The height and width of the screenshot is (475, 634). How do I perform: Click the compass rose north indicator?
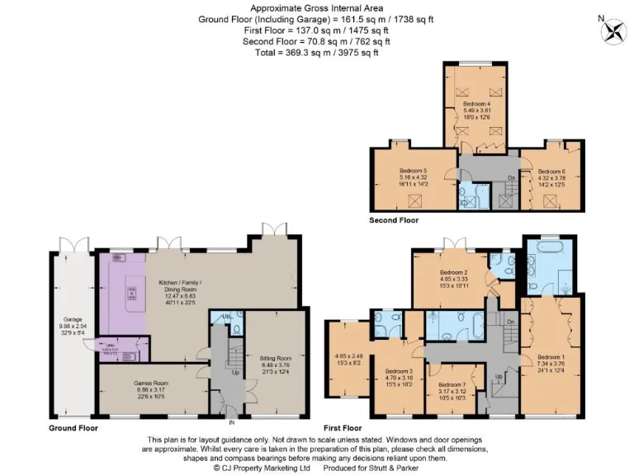pos(614,31)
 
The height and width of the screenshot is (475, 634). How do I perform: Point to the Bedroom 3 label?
pos(399,372)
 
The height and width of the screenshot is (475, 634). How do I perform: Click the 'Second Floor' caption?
pos(395,220)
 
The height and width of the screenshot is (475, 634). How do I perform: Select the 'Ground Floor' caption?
pos(73,428)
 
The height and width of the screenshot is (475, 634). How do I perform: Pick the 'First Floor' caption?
pos(343,428)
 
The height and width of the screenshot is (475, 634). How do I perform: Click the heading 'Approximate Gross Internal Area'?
pos(316,7)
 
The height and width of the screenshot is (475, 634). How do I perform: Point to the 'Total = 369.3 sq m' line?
pos(316,53)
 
